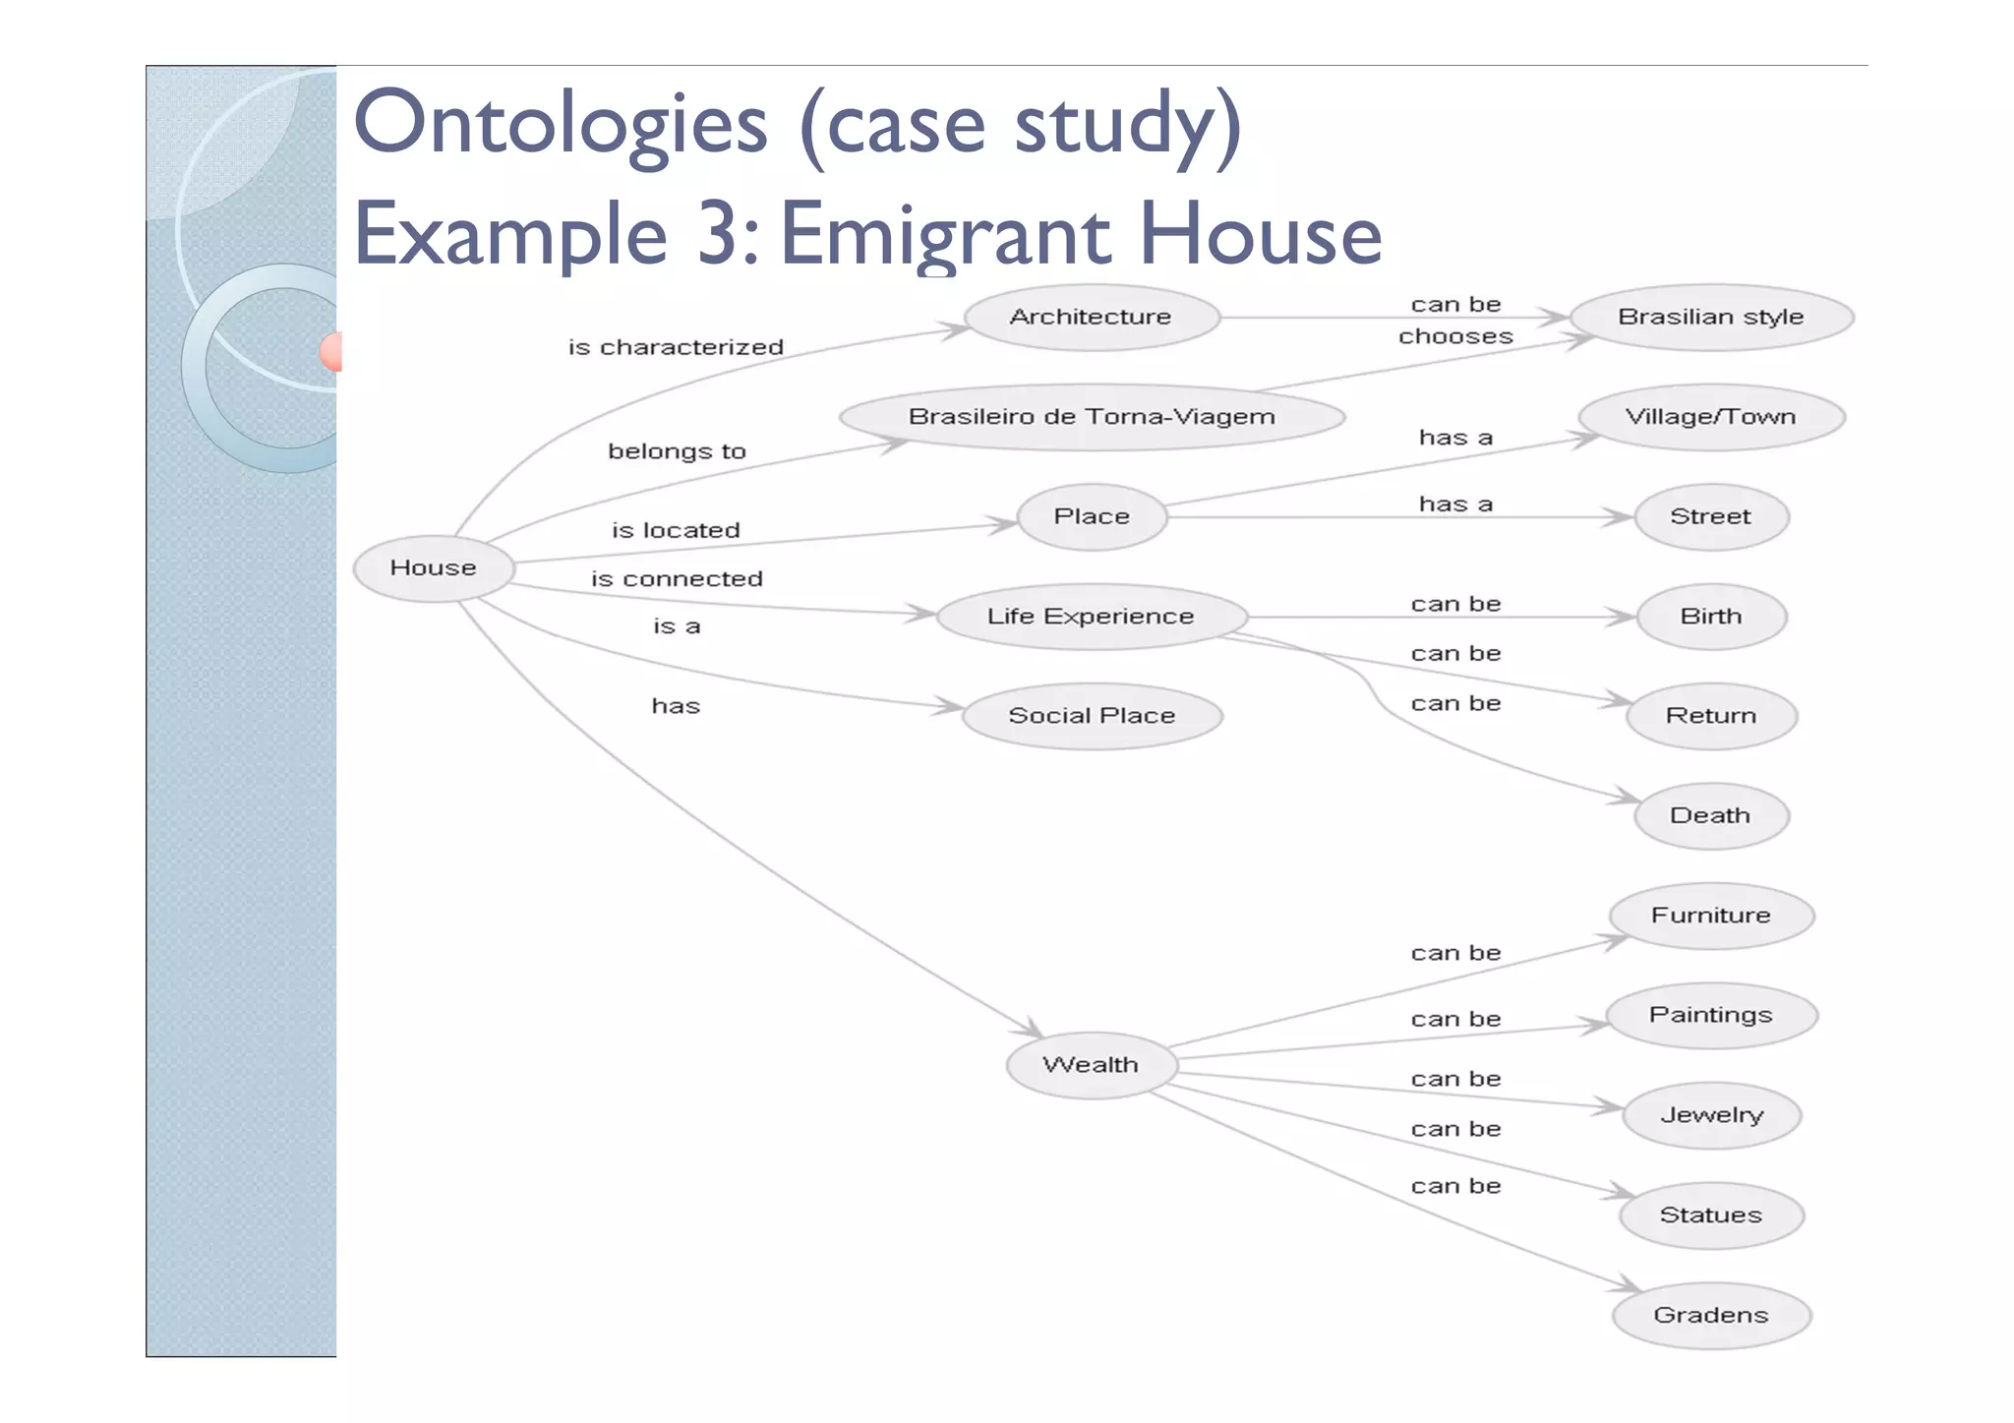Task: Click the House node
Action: pyautogui.click(x=433, y=567)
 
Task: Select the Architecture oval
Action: pyautogui.click(x=1091, y=317)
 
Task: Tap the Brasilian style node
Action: pyautogui.click(x=1710, y=317)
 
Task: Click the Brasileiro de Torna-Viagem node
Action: pyautogui.click(x=1091, y=417)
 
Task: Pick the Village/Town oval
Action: pyautogui.click(x=1710, y=417)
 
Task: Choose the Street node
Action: pyautogui.click(x=1710, y=516)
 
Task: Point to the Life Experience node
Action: pyautogui.click(x=1091, y=617)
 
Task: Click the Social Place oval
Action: pyautogui.click(x=1091, y=716)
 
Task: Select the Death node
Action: pyautogui.click(x=1710, y=815)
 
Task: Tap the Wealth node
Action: pyautogui.click(x=1091, y=1065)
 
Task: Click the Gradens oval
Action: pyautogui.click(x=1710, y=1315)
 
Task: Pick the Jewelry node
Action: pyautogui.click(x=1710, y=1115)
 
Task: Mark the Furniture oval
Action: pyautogui.click(x=1710, y=916)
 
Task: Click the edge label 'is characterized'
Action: pyautogui.click(x=676, y=347)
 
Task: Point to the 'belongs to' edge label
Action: pyautogui.click(x=677, y=451)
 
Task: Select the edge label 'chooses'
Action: pyautogui.click(x=1455, y=336)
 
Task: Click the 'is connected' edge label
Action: pyautogui.click(x=677, y=579)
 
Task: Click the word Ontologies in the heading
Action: pyautogui.click(x=560, y=125)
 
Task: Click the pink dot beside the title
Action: pyautogui.click(x=331, y=351)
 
